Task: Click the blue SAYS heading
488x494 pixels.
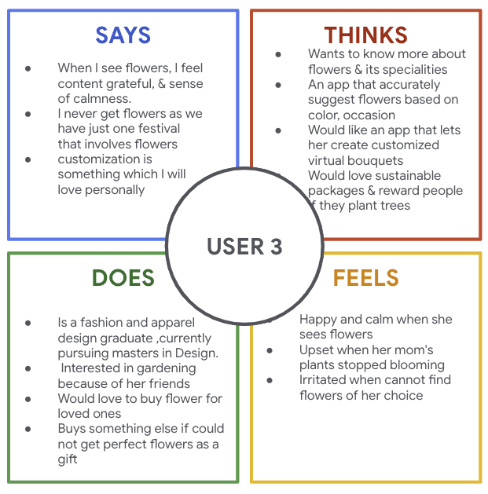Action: [x=123, y=35]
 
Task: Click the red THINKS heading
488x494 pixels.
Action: [x=365, y=35]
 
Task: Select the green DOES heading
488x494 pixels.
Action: [x=123, y=278]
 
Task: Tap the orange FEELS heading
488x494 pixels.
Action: [x=365, y=278]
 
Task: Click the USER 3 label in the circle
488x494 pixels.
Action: [x=244, y=247]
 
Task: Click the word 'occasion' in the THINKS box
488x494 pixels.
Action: [x=365, y=115]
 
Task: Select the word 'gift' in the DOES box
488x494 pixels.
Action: [x=68, y=459]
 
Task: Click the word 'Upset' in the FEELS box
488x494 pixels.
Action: [x=317, y=349]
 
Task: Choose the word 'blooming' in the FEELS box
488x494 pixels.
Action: [x=419, y=364]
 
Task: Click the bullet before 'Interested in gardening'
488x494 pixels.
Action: [x=29, y=368]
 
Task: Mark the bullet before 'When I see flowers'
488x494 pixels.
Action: [x=29, y=68]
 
